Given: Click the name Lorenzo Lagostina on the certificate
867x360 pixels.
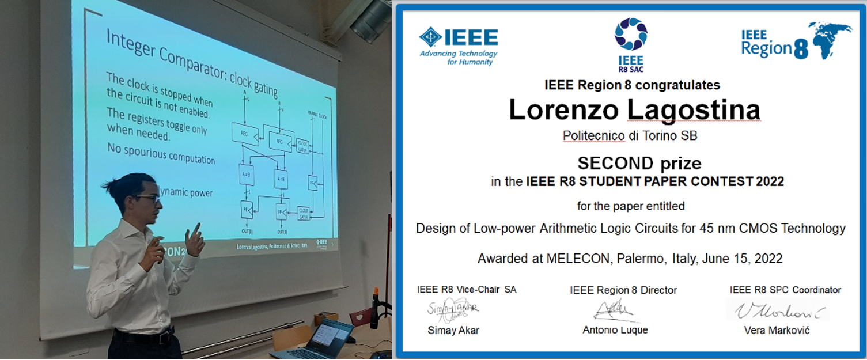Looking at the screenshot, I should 634,109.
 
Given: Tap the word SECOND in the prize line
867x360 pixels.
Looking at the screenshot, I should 615,162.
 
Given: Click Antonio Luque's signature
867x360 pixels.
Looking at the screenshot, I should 614,311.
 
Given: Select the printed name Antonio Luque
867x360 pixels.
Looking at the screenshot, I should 615,330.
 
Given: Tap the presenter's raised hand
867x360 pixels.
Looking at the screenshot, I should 195,240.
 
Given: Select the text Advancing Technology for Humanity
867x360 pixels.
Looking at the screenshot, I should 458,58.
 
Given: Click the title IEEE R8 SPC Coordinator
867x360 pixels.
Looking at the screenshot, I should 785,290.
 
